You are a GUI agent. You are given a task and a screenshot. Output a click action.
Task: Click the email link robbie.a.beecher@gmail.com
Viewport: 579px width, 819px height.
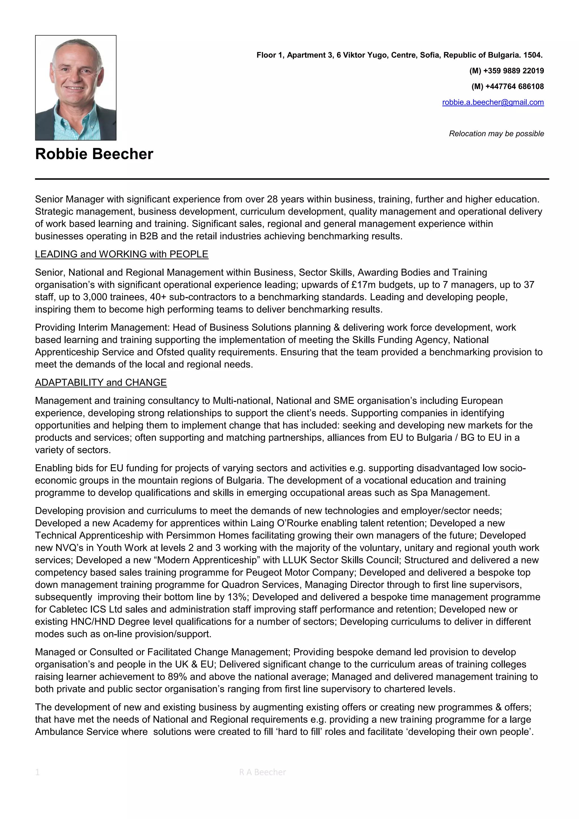pos(493,102)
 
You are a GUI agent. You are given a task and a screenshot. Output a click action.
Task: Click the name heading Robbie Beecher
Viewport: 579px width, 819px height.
pos(94,154)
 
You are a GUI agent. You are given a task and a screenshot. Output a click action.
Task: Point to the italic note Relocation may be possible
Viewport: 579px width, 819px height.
pos(496,134)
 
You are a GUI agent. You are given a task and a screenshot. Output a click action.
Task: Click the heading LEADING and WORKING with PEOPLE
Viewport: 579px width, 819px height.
pos(122,254)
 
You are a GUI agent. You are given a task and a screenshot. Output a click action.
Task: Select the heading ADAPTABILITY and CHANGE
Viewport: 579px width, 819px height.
pos(101,382)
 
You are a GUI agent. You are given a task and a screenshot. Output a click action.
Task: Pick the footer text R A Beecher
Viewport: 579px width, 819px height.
pos(262,772)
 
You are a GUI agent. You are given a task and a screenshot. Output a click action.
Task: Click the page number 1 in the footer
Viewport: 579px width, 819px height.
pos(37,772)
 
